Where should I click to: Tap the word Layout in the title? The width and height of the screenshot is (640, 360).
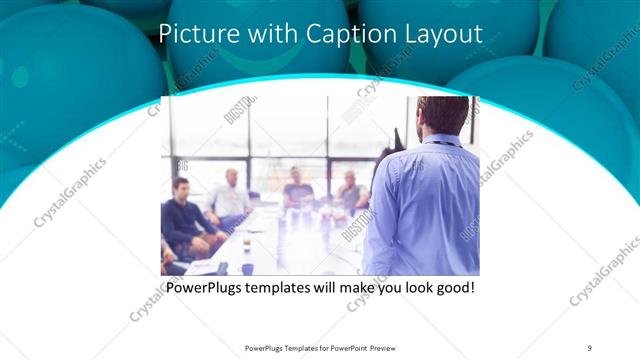[x=441, y=34]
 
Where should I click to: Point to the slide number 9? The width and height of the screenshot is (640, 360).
[x=590, y=347]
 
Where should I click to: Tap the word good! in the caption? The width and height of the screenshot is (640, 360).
[x=452, y=288]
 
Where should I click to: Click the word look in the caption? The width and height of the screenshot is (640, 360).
[x=409, y=288]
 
